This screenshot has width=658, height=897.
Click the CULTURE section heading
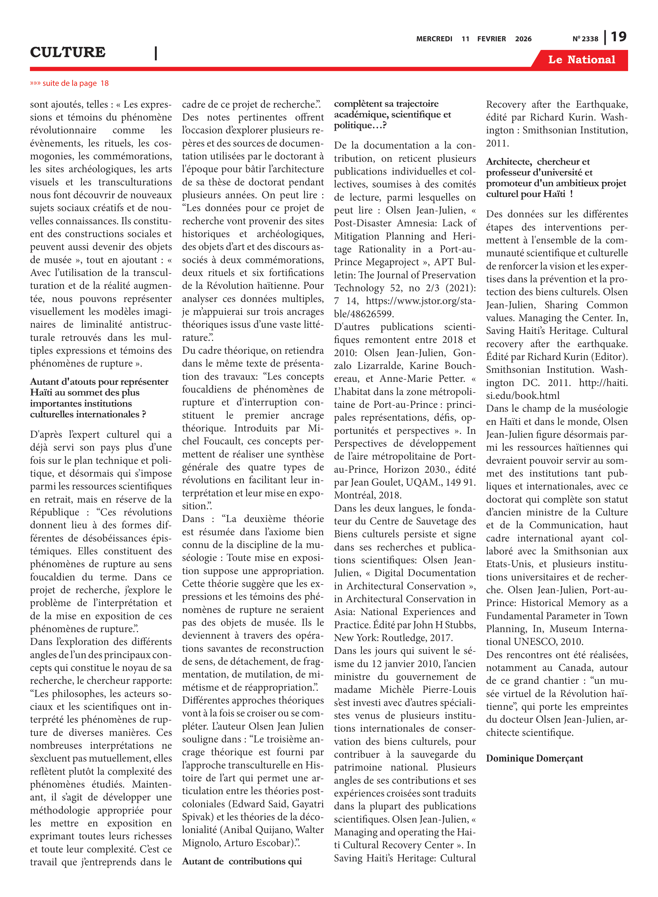pyautogui.click(x=68, y=52)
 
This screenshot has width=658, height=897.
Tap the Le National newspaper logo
pyautogui.click(x=581, y=60)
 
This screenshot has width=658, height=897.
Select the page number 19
pyautogui.click(x=619, y=37)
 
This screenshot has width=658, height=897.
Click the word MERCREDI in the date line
pyautogui.click(x=434, y=39)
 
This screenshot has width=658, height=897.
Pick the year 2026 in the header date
pyautogui.click(x=523, y=39)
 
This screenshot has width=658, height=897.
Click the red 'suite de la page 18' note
pyautogui.click(x=69, y=83)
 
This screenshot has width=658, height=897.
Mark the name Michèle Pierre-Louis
pyautogui.click(x=427, y=689)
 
